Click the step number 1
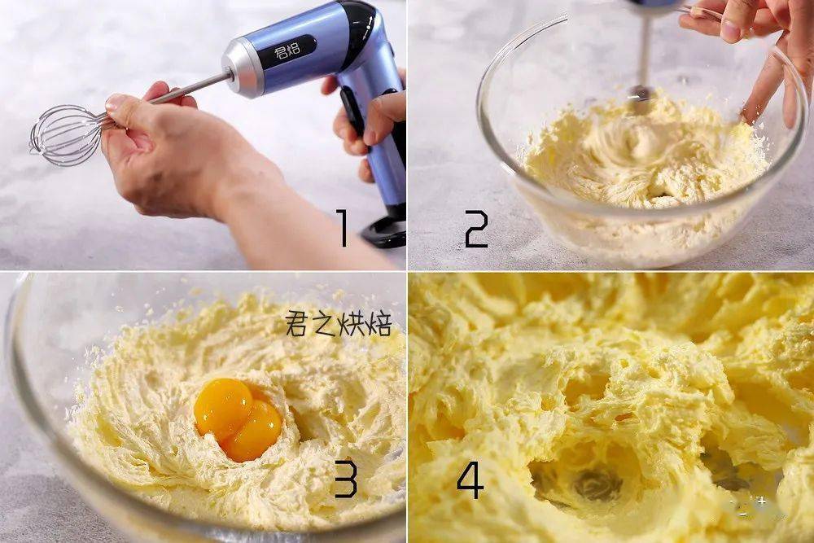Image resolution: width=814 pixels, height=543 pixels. [x=342, y=227]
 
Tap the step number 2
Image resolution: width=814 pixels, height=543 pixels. [x=476, y=229]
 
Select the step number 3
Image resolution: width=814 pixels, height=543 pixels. [x=345, y=480]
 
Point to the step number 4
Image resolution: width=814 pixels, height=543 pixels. [x=470, y=482]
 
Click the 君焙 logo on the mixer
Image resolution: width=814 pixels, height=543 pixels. [x=287, y=51]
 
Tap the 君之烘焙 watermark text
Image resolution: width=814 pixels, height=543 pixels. [x=338, y=323]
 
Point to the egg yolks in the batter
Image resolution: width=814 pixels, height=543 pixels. [x=238, y=419]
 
